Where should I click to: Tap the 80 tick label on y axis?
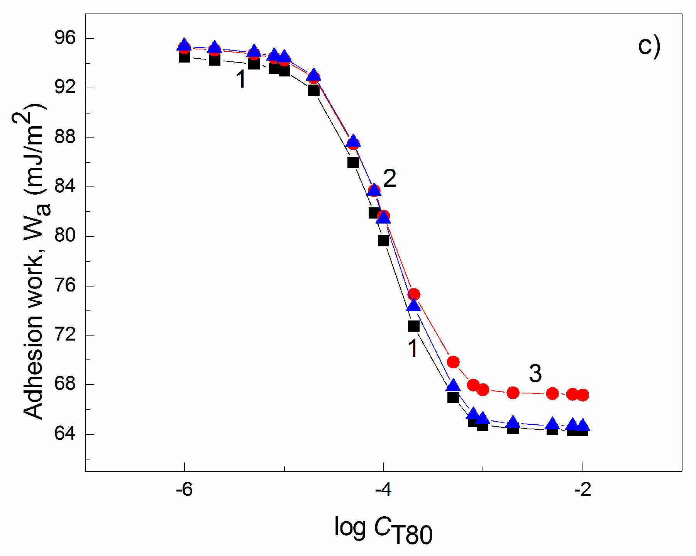point(65,236)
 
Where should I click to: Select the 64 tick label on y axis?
point(65,434)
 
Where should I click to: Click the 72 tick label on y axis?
point(65,334)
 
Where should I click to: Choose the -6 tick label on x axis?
point(184,490)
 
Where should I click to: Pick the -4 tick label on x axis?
point(383,490)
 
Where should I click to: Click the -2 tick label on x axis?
point(583,490)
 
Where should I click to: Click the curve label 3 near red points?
point(535,374)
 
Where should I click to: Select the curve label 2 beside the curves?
point(389,179)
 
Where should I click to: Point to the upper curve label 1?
point(241,80)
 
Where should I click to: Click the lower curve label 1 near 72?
point(413,348)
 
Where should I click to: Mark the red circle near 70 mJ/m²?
point(453,362)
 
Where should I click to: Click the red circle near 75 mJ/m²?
point(414,295)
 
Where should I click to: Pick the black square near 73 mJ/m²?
point(414,326)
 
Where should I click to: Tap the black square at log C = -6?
point(184,58)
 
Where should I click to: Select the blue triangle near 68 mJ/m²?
point(453,386)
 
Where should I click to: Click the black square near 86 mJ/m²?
point(353,162)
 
